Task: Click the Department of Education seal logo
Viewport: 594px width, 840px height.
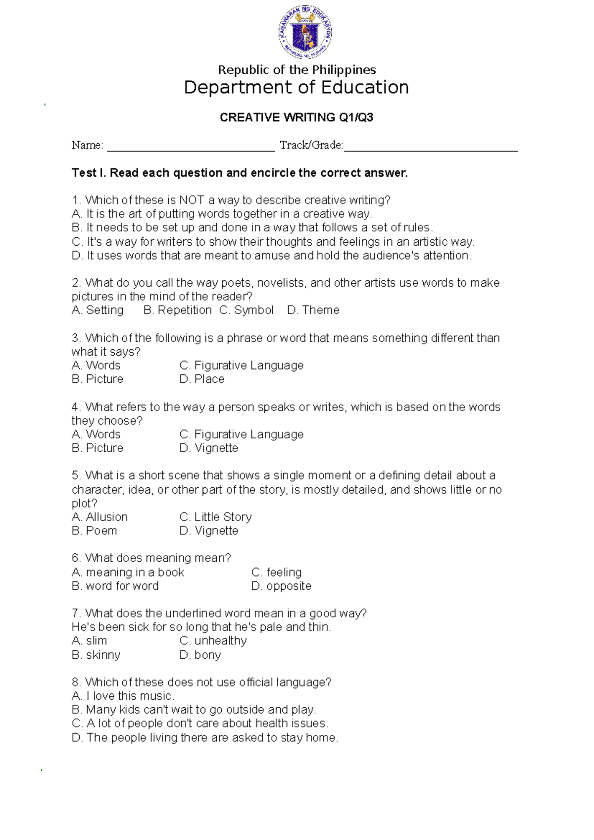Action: pos(304,33)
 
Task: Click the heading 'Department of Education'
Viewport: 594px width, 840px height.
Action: pos(296,88)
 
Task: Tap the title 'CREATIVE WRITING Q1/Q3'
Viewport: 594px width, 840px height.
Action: pos(296,117)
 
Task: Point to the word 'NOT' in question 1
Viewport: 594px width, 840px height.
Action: pos(192,200)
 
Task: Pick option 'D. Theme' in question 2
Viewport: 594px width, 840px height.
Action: pos(313,310)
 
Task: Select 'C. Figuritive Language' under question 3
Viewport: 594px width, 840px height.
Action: pos(242,366)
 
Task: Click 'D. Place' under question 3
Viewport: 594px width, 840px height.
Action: pos(202,379)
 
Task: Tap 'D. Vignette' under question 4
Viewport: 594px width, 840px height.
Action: pos(209,448)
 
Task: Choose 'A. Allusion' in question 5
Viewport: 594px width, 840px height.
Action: pos(99,517)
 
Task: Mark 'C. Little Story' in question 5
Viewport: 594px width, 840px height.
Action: pos(216,517)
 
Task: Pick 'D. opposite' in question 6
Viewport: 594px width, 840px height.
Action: pos(281,586)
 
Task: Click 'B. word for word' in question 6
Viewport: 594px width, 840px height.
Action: pos(115,586)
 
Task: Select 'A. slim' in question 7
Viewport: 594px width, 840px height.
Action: pos(89,641)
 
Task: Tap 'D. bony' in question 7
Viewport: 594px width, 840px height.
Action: pos(200,655)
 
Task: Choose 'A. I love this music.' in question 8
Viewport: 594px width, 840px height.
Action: pos(123,696)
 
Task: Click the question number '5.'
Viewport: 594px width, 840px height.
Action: pos(76,475)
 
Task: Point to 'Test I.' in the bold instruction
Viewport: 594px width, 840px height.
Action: pos(89,173)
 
